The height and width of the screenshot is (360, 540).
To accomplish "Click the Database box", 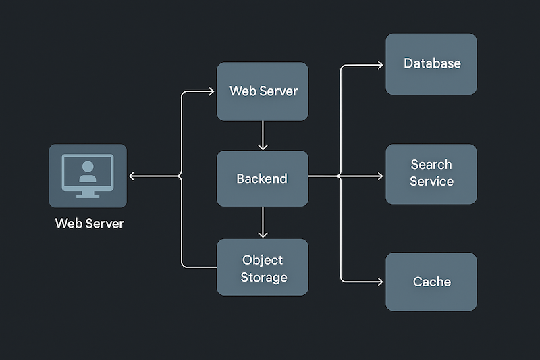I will coord(431,64).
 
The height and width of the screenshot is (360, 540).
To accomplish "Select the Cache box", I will coord(431,282).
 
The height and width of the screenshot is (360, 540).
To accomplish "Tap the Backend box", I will coord(262,178).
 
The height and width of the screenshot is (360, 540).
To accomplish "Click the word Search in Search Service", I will coord(431,164).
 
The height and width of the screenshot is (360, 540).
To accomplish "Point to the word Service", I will coord(431,182).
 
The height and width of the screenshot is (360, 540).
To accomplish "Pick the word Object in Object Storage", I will coord(262,260).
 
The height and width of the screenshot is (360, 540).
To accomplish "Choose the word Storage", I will coord(263,278).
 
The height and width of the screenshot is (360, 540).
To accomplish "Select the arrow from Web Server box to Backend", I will coord(263,135).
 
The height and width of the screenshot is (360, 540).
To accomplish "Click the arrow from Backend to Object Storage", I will coord(263,222).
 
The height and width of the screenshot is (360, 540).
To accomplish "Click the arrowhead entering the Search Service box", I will coord(380,176).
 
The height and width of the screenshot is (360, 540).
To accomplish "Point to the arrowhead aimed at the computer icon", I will coord(132,176).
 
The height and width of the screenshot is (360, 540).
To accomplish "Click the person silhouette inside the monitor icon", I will coord(87,172).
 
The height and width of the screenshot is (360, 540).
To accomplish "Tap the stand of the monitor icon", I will coord(87,193).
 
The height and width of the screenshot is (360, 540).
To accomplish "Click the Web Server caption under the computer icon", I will coord(89,224).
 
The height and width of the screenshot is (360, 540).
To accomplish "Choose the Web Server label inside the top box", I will coord(263,91).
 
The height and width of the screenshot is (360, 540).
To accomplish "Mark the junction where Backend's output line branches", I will coord(340,176).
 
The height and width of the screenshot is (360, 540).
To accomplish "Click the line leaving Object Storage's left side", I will coord(199,267).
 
